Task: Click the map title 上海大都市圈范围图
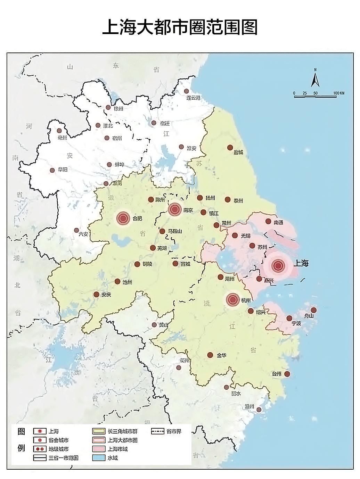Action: (x=180, y=27)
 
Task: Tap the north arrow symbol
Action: (x=315, y=79)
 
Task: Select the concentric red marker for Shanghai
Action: (x=278, y=266)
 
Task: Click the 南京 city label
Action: (x=188, y=210)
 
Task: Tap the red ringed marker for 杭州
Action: (x=233, y=300)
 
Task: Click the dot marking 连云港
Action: (x=187, y=91)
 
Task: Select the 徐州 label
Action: (x=118, y=108)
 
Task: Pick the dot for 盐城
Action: (x=230, y=148)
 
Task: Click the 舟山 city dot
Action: (x=313, y=310)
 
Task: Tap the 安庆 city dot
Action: (x=96, y=294)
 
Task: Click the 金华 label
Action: (x=221, y=355)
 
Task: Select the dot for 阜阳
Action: (x=52, y=170)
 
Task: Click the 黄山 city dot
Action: (x=154, y=324)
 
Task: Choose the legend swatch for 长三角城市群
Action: (x=99, y=431)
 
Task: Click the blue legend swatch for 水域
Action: (x=99, y=458)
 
